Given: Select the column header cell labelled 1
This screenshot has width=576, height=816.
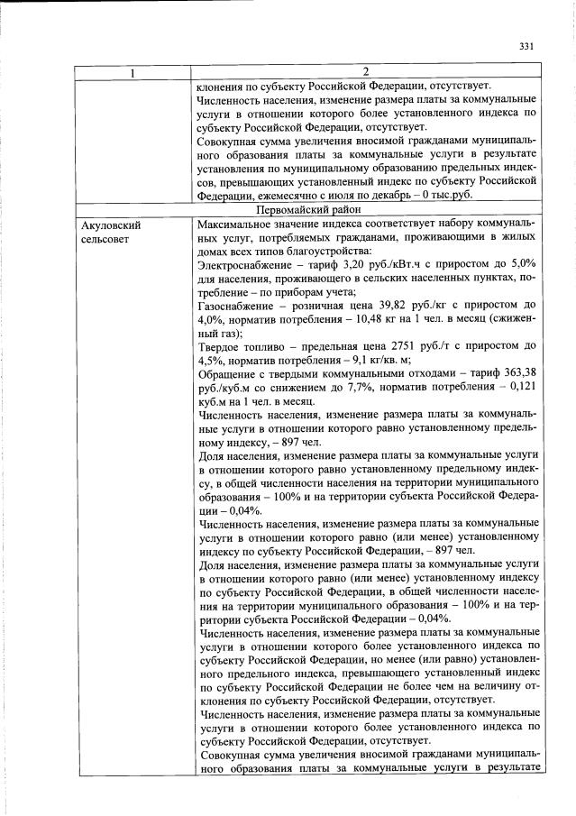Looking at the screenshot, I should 133,72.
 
